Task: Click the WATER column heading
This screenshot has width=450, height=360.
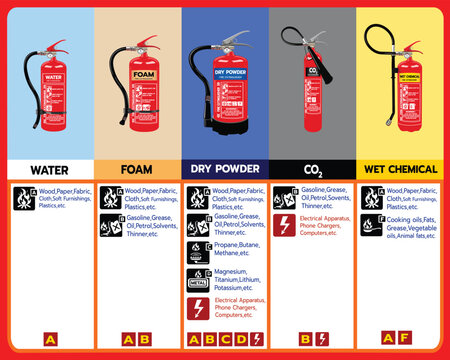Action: point(49,169)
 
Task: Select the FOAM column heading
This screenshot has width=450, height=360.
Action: point(136,169)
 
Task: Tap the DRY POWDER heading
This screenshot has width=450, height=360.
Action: point(224,169)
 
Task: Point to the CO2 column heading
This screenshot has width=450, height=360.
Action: point(312,169)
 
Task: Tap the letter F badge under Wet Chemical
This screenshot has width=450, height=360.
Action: point(403,337)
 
